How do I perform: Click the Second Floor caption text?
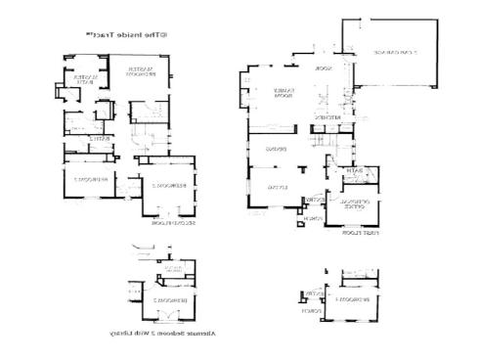pyautogui.click(x=175, y=224)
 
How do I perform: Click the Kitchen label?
pyautogui.click(x=327, y=118)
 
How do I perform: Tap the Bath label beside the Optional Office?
pyautogui.click(x=356, y=172)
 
